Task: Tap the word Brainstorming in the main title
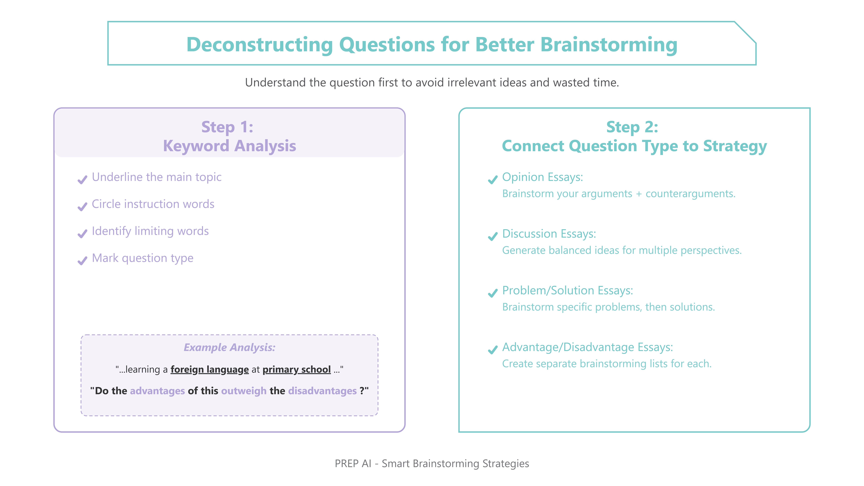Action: point(609,45)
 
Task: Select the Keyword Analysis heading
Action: point(229,146)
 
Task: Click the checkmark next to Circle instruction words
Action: point(82,207)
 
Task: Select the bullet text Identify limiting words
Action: point(150,231)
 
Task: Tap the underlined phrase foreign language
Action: point(210,369)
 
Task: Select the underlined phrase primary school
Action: point(296,369)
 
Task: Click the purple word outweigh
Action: point(244,391)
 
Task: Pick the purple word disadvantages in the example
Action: point(322,391)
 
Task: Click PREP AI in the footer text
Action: point(353,464)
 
